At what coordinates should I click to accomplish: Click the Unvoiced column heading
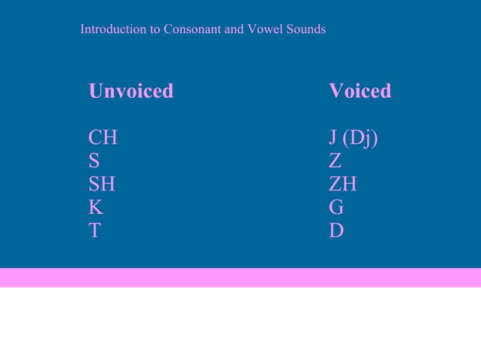(130, 91)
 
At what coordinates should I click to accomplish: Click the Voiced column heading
(360, 91)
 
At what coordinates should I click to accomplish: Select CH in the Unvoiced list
(103, 139)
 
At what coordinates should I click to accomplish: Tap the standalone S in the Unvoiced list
(94, 161)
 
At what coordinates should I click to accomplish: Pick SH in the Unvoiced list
(102, 185)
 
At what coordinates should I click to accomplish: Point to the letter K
(96, 207)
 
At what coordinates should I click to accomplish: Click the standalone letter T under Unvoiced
(94, 230)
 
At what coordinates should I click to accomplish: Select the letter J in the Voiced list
(332, 139)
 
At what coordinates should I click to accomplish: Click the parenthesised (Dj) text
(360, 139)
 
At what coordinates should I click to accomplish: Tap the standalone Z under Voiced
(335, 161)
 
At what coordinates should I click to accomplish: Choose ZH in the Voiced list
(343, 185)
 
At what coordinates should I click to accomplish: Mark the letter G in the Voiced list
(336, 207)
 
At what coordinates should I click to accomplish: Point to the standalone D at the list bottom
(336, 230)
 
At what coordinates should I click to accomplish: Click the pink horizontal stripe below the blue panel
(240, 277)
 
